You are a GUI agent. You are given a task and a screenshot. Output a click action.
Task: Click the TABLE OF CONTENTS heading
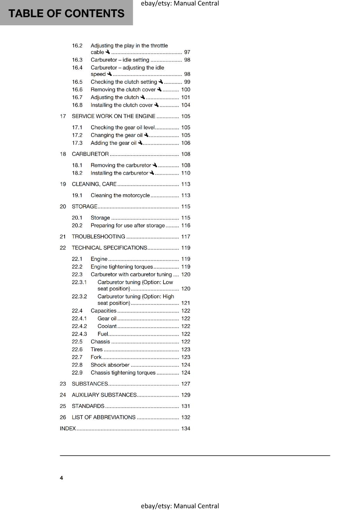pyautogui.click(x=66, y=13)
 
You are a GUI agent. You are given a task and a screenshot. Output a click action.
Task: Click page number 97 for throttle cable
pyautogui.click(x=187, y=52)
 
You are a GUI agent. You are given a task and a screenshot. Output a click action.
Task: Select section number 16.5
pyautogui.click(x=77, y=82)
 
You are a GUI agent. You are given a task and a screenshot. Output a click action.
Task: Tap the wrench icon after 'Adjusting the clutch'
pyautogui.click(x=143, y=97)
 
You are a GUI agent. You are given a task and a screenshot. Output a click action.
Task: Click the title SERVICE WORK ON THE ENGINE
pyautogui.click(x=113, y=116)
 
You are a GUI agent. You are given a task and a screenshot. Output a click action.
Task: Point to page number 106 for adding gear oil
pyautogui.click(x=186, y=143)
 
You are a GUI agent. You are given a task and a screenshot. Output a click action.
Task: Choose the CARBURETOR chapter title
pyautogui.click(x=90, y=154)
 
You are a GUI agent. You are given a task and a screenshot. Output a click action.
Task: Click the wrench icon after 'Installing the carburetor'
pyautogui.click(x=152, y=173)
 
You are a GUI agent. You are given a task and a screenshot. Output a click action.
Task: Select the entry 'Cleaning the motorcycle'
pyautogui.click(x=120, y=195)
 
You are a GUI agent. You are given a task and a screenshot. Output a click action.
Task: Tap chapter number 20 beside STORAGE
pyautogui.click(x=63, y=207)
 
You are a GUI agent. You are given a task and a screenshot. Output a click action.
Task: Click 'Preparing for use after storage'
pyautogui.click(x=128, y=226)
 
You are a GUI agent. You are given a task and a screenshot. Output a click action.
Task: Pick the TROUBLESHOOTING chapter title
pyautogui.click(x=98, y=237)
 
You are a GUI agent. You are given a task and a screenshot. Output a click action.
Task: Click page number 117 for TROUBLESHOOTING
pyautogui.click(x=186, y=237)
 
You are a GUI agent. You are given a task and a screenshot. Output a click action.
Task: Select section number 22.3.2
pyautogui.click(x=79, y=296)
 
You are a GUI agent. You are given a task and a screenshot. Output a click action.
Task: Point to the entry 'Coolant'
pyautogui.click(x=107, y=326)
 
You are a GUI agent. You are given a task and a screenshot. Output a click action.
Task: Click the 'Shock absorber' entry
pyautogui.click(x=110, y=365)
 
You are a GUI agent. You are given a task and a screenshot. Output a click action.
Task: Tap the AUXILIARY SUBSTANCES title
pyautogui.click(x=104, y=395)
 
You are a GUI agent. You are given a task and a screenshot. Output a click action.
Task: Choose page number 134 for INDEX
pyautogui.click(x=186, y=429)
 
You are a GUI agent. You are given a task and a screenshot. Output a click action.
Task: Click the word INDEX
pyautogui.click(x=68, y=429)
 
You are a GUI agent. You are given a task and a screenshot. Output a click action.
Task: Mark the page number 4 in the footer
pyautogui.click(x=61, y=478)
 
